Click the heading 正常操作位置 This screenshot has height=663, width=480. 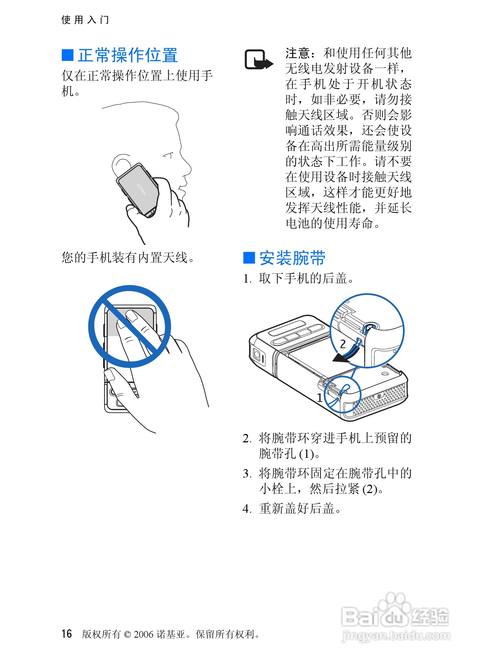click(x=128, y=55)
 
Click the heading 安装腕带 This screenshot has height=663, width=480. click(x=292, y=258)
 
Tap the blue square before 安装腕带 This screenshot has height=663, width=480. click(x=249, y=258)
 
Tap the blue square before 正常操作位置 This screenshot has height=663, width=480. click(x=68, y=55)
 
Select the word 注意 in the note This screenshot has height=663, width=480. click(x=298, y=53)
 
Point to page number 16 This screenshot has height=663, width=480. click(x=67, y=634)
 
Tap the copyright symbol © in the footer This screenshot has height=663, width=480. click(x=127, y=634)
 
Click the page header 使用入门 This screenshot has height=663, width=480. click(x=85, y=20)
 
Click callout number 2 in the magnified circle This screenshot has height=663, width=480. click(x=343, y=344)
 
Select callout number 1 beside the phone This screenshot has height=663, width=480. click(x=320, y=398)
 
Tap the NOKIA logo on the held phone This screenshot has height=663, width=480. click(x=141, y=189)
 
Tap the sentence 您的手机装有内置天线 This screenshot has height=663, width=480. click(x=128, y=258)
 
